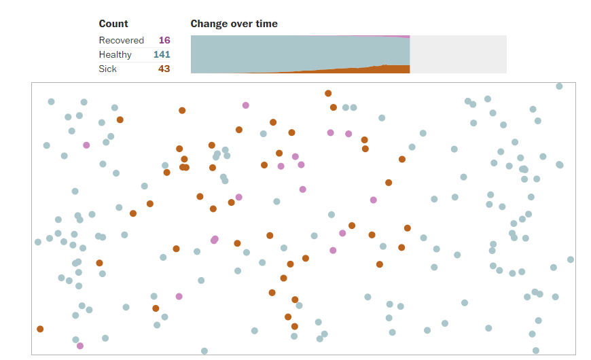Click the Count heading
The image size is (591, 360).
(113, 24)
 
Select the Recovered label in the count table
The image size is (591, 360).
(121, 40)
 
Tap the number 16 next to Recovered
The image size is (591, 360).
(164, 40)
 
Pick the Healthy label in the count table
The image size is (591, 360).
(115, 54)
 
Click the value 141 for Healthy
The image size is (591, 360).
(162, 54)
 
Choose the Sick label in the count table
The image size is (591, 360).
(107, 69)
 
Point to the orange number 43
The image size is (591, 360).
(164, 69)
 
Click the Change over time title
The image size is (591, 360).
(234, 24)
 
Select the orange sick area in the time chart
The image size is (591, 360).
(387, 69)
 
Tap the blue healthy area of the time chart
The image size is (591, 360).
(299, 51)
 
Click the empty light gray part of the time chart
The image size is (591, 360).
(459, 54)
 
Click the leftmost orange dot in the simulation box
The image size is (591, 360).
(40, 329)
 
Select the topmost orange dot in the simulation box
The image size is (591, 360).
(328, 93)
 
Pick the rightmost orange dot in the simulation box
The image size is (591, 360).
(408, 228)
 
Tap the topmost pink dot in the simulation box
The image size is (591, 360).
(246, 105)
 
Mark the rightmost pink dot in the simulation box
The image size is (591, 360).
(374, 200)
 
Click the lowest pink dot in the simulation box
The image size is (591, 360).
(80, 346)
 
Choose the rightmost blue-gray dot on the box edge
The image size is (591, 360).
(571, 259)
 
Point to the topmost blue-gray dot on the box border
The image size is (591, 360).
(559, 86)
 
